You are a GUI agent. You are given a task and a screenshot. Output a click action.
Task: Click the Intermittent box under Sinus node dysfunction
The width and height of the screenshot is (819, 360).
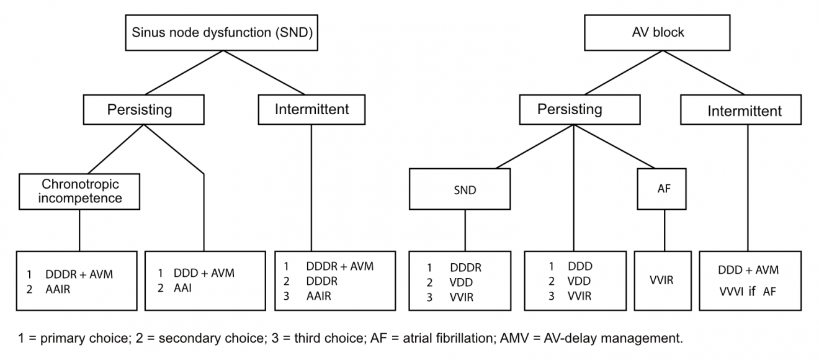pos(311,109)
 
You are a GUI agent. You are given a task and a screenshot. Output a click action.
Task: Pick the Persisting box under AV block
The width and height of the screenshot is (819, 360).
pos(569,109)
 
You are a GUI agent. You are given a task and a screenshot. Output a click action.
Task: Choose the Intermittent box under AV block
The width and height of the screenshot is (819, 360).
pos(745,112)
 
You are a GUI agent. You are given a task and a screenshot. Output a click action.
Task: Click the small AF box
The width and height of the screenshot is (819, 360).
pos(663,190)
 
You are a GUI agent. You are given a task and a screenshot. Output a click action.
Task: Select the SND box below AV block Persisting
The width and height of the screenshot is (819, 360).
pos(465,191)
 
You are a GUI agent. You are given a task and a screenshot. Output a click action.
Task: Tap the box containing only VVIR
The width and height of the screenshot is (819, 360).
pos(661,280)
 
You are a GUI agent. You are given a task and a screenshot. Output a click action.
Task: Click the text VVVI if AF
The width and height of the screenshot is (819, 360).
pos(747,290)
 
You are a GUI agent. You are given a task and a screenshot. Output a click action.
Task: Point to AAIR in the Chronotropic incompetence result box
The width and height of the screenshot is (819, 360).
pos(58,289)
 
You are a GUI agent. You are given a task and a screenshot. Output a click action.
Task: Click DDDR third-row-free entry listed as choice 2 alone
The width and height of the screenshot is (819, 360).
pos(321,281)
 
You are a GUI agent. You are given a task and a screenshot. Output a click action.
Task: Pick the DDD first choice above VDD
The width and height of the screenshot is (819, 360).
pos(580,266)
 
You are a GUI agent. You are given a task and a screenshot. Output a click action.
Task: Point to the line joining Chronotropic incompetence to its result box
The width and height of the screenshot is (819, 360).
pos(79,230)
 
